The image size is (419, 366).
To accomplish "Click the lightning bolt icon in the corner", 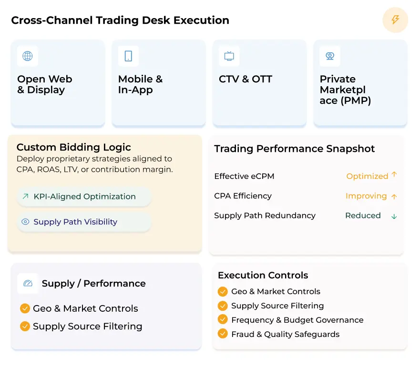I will (x=395, y=20).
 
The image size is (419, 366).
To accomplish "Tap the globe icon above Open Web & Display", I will (x=28, y=56).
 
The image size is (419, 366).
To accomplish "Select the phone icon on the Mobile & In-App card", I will (x=128, y=56).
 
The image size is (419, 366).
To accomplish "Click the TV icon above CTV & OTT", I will (x=229, y=56).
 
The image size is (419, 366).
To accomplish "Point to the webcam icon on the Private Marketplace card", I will (x=330, y=56).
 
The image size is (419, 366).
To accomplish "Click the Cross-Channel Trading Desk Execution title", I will (x=120, y=20).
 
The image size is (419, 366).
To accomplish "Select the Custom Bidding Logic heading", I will (x=74, y=147).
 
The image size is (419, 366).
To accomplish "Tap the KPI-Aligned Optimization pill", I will (x=84, y=197).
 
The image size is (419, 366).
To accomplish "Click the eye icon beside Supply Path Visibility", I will (x=25, y=222).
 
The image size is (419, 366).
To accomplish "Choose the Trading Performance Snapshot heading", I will (x=295, y=148).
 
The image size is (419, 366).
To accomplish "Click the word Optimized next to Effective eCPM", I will (x=367, y=176).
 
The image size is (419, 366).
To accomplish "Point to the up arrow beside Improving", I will (x=394, y=196).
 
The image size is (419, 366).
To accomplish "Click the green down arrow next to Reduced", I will (x=394, y=216).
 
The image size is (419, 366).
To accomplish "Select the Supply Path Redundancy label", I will (x=265, y=216).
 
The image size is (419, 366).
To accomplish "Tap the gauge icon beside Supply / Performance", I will (x=28, y=283).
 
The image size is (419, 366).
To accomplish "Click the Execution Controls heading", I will (x=263, y=275).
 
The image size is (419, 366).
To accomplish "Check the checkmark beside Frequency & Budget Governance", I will (x=223, y=320).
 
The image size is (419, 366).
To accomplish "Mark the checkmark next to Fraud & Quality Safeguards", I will (x=223, y=334).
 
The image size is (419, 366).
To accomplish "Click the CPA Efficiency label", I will (x=243, y=196).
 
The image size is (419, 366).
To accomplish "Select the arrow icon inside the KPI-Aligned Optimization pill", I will (x=25, y=196).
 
